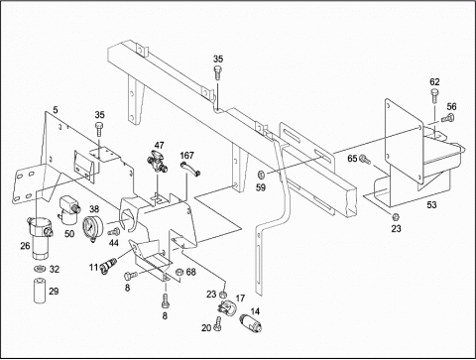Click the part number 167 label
pos(186,156)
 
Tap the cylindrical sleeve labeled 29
pos(41,291)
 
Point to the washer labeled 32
pos(40,268)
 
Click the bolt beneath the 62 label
pos(434,96)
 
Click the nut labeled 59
pos(261,174)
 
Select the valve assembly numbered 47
pos(157,161)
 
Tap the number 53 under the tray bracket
pos(431,205)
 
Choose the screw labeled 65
pos(365,160)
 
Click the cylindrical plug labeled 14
pos(250,323)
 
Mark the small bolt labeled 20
pos(217,323)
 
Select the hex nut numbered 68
pos(178,272)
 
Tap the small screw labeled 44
pos(114,232)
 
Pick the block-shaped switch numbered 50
pos(68,209)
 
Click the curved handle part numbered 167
pos(190,169)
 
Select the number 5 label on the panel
pos(56,109)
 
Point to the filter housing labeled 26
pos(40,238)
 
